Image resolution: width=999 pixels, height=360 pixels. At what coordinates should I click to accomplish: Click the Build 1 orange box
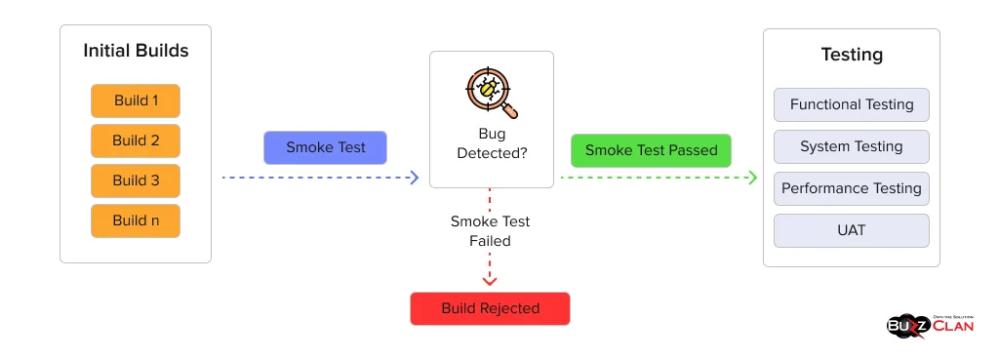(x=136, y=100)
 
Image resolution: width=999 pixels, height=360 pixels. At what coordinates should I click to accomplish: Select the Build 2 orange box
(x=136, y=140)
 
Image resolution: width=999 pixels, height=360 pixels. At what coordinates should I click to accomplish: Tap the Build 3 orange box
(x=136, y=180)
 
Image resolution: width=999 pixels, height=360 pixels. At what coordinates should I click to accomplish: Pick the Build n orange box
(x=136, y=220)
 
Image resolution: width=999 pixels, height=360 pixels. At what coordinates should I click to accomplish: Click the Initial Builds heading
(x=136, y=51)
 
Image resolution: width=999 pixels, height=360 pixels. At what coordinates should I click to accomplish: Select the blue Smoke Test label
(x=325, y=147)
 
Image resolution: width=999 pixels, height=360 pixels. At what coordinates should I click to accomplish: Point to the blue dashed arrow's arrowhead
(x=414, y=178)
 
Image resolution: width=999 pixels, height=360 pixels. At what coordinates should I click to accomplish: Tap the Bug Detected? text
(x=492, y=143)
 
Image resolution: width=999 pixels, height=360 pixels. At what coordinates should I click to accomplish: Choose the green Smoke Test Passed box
(x=651, y=150)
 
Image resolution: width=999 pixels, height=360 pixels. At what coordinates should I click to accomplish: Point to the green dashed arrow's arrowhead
(x=752, y=178)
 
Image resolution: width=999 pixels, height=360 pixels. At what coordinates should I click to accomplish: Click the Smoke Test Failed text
(x=490, y=231)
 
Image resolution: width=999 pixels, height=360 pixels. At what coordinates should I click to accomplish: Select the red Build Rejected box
(x=490, y=308)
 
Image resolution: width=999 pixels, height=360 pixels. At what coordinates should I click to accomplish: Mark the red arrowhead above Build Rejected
(x=490, y=281)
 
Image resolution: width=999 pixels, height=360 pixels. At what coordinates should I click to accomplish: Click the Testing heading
(x=851, y=56)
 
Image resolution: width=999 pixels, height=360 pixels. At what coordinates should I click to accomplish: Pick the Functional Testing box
(x=851, y=104)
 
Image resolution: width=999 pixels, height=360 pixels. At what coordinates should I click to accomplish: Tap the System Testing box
(x=851, y=146)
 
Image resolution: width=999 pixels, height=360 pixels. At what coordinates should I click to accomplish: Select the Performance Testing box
(x=851, y=188)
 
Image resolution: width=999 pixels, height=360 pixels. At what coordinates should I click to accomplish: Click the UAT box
(x=851, y=231)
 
